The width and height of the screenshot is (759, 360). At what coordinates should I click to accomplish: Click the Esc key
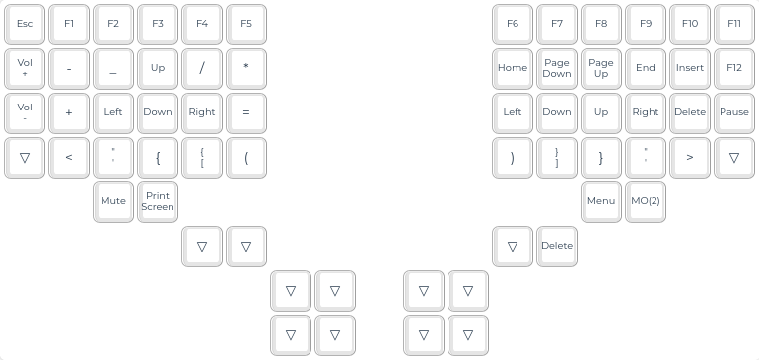tap(25, 25)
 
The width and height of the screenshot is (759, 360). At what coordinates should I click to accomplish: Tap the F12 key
tap(733, 68)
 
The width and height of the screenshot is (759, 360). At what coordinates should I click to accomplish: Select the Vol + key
tap(25, 68)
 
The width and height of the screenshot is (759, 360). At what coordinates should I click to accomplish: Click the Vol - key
tap(25, 112)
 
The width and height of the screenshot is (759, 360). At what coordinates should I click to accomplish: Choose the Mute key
tap(113, 201)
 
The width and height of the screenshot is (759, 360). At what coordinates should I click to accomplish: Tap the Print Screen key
tap(158, 201)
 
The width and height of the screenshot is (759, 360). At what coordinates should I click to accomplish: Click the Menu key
tap(601, 201)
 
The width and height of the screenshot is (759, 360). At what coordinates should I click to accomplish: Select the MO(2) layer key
tap(646, 201)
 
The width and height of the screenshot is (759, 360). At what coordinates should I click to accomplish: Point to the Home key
tap(513, 68)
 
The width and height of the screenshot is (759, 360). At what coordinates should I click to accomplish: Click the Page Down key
tap(557, 68)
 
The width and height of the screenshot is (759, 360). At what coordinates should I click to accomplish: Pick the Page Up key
tap(601, 68)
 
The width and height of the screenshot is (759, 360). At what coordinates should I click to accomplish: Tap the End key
tap(646, 68)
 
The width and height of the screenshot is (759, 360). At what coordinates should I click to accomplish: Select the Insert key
tap(690, 68)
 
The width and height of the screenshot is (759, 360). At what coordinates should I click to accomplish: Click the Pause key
tap(733, 112)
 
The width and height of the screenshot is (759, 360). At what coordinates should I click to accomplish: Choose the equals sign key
tap(246, 112)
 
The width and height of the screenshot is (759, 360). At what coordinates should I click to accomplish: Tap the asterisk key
tap(246, 68)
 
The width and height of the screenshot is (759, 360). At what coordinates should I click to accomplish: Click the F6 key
tap(513, 25)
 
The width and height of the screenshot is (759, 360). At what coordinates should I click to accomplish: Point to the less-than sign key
tap(69, 158)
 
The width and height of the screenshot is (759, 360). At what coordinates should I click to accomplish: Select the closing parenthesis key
tap(513, 158)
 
